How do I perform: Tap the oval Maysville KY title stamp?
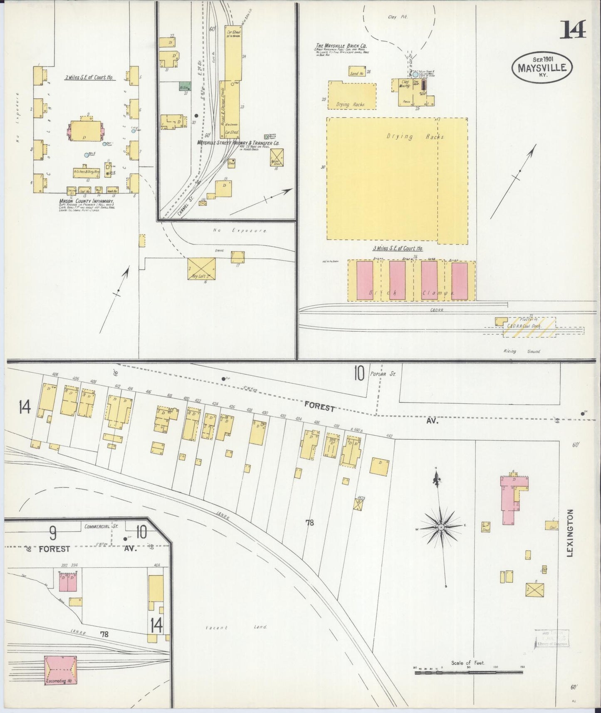(542, 67)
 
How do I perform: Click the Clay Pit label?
(397, 17)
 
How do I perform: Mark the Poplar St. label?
(387, 374)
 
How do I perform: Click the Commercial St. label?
(101, 526)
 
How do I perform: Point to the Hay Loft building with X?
(202, 268)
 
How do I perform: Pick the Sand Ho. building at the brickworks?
(356, 72)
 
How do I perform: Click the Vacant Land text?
(236, 627)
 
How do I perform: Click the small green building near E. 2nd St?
(185, 87)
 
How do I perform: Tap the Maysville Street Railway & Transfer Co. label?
(238, 143)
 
